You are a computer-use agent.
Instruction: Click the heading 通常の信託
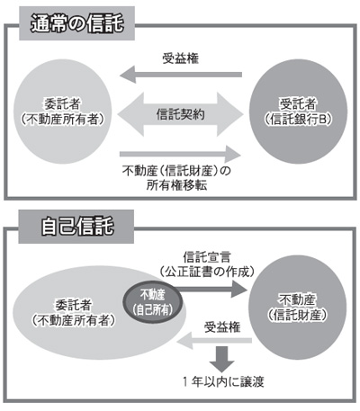click(x=77, y=23)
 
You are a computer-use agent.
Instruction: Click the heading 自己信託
click(x=77, y=227)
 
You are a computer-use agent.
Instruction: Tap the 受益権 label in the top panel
click(x=181, y=58)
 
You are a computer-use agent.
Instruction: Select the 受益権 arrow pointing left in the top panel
click(x=181, y=75)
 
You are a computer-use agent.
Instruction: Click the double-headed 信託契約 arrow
click(x=180, y=114)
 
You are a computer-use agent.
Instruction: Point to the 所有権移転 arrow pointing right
click(x=180, y=155)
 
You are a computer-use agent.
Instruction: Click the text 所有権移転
click(x=176, y=185)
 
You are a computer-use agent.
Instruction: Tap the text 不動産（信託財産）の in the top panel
click(x=176, y=171)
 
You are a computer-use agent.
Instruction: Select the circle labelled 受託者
click(x=298, y=112)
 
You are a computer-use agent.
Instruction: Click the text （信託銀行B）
click(x=298, y=120)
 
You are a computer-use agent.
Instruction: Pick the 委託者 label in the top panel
click(x=62, y=104)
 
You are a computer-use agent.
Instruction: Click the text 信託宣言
click(x=207, y=257)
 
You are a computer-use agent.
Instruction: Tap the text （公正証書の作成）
click(x=207, y=272)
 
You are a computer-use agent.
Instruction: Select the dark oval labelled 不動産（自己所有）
click(x=153, y=302)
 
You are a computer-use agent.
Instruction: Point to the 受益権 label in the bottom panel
click(x=222, y=327)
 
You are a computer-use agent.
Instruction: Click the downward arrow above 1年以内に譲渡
click(x=222, y=359)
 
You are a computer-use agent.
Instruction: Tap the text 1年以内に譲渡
click(x=223, y=382)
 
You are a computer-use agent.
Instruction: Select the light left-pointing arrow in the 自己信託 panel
click(x=214, y=341)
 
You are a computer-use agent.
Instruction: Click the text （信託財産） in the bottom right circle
click(x=297, y=315)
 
